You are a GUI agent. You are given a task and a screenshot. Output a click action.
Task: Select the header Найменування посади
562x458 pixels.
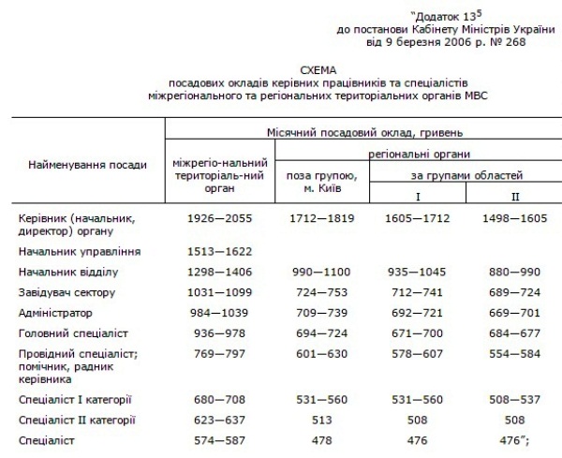click(x=82, y=165)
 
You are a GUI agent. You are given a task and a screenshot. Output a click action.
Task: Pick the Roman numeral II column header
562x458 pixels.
click(x=515, y=197)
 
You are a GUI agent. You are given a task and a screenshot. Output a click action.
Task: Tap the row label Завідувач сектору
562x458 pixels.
click(x=67, y=292)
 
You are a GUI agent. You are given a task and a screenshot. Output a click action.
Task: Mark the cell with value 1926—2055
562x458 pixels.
click(x=216, y=217)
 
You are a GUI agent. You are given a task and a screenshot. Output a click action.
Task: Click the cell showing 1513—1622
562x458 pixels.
click(x=216, y=251)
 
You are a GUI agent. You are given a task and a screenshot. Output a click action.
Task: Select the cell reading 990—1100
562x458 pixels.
click(x=318, y=272)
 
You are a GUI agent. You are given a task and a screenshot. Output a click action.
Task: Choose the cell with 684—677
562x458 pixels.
click(x=515, y=332)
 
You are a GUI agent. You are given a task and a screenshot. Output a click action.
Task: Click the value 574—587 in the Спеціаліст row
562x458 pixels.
click(x=216, y=441)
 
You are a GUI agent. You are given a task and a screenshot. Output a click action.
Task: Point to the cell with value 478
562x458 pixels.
click(x=318, y=441)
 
